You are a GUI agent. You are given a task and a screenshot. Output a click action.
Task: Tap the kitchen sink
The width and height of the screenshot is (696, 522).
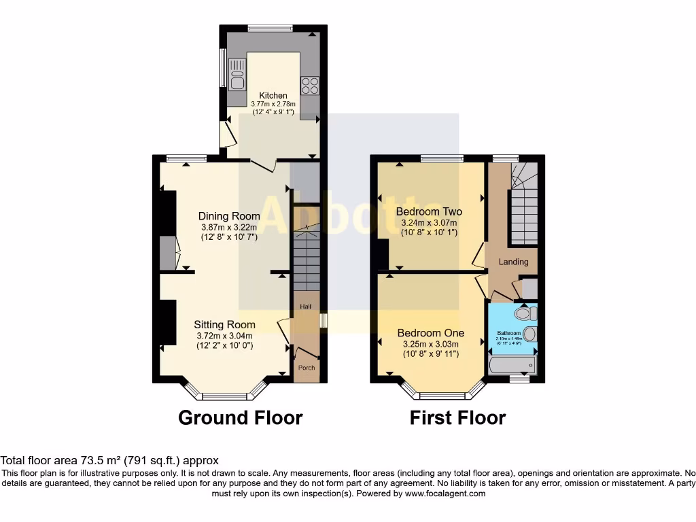click(x=237, y=75)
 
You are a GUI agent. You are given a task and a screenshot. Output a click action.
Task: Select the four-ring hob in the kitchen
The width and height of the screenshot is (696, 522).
click(x=310, y=86)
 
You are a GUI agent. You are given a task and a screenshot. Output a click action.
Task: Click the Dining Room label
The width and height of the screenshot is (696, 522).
click(x=229, y=216)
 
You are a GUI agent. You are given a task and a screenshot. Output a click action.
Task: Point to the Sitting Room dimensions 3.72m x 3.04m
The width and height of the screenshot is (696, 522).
click(x=224, y=336)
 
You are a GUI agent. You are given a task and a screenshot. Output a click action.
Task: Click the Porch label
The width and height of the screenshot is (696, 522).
click(x=306, y=368)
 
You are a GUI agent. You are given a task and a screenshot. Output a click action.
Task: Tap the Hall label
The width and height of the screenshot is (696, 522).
click(x=306, y=307)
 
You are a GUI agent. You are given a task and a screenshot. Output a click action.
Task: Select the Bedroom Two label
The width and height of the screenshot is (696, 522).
click(x=428, y=211)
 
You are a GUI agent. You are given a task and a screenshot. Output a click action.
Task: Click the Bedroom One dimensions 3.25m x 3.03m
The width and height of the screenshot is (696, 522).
click(x=430, y=344)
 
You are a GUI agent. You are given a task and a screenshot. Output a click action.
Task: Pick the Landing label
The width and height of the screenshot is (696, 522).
click(x=513, y=262)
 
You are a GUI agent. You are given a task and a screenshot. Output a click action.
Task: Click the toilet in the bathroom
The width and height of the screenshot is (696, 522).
click(x=525, y=313)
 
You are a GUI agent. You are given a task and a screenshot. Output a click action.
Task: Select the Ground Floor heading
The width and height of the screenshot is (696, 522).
click(x=240, y=417)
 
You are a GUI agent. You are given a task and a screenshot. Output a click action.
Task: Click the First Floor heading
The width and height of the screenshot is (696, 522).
click(x=457, y=417)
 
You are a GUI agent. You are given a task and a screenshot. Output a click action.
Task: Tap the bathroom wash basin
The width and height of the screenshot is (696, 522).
click(x=530, y=333)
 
